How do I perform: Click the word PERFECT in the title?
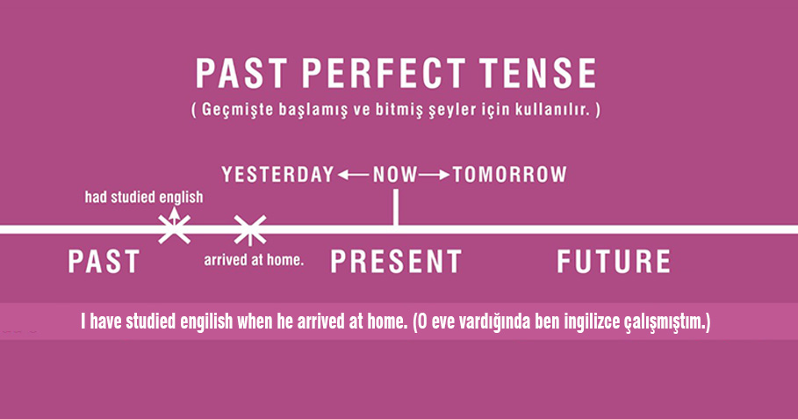384,73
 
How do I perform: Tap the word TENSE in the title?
538,73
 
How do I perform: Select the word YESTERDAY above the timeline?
278,175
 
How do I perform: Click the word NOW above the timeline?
395,175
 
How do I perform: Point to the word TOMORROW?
509,175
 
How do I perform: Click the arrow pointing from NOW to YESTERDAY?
353,175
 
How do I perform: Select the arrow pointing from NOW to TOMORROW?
435,175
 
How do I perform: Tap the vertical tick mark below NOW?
396,207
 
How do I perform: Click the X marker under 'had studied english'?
174,229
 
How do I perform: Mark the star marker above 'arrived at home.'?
250,230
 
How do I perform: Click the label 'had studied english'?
144,197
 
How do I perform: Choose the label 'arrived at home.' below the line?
254,260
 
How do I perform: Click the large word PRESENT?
396,261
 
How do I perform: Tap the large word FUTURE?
614,261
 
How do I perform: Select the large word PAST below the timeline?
104,261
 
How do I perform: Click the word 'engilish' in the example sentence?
206,321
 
